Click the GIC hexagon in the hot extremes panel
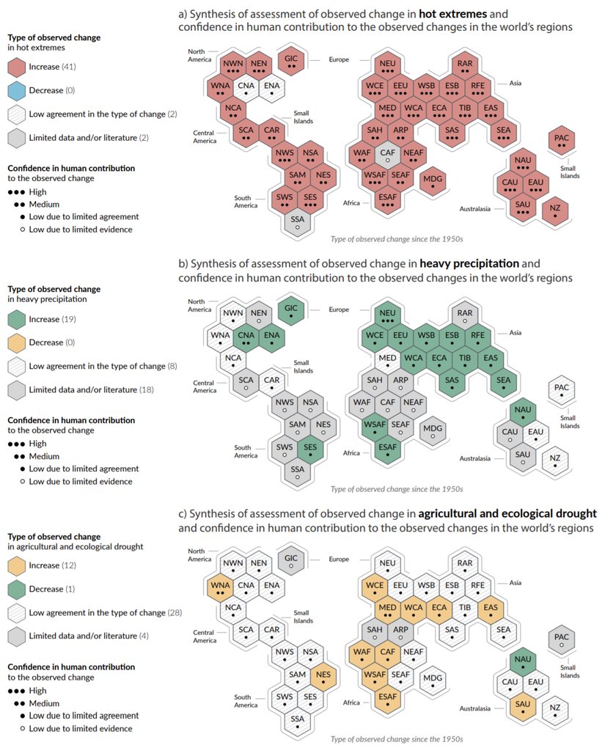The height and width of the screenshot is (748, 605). (291, 60)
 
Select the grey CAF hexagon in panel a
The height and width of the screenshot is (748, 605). (387, 155)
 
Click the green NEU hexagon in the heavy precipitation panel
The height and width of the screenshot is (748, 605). (387, 316)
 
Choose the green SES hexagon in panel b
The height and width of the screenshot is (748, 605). (310, 450)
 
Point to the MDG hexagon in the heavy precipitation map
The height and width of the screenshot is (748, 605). (433, 432)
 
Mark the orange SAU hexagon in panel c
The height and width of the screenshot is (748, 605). (522, 708)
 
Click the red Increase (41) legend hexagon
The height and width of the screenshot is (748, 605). (17, 67)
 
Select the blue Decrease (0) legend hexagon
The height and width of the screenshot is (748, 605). (17, 91)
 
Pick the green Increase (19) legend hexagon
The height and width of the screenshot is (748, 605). (17, 320)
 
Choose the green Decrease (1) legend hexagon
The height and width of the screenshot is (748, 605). (17, 589)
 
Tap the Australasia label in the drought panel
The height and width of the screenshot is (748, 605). (475, 708)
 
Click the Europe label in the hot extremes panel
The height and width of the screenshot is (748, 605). (339, 59)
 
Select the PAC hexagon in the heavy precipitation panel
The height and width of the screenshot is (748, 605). (562, 390)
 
